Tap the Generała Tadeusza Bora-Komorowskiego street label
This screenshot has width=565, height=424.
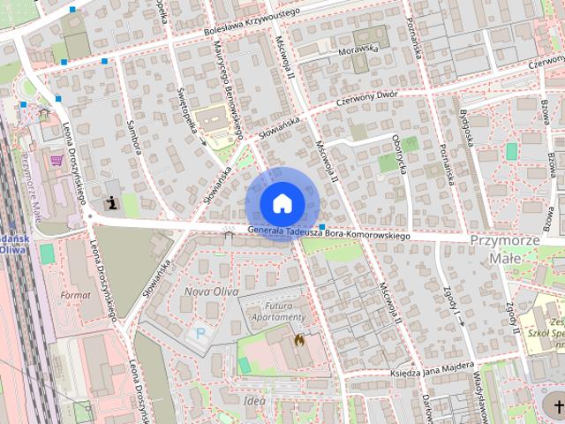pyautogui.click(x=329, y=233)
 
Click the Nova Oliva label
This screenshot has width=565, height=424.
pyautogui.click(x=208, y=291)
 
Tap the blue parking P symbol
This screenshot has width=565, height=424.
pyautogui.click(x=200, y=334)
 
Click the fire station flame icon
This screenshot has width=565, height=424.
pyautogui.click(x=299, y=338)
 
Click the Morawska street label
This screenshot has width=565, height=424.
pyautogui.click(x=358, y=50)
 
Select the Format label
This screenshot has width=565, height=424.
pyautogui.click(x=76, y=293)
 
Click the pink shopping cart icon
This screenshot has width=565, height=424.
pyautogui.click(x=57, y=160)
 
